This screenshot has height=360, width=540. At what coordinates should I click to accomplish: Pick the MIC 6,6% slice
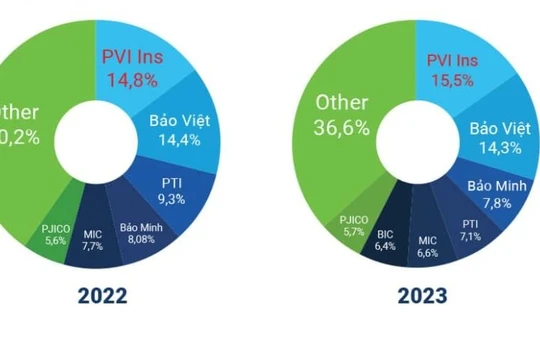(x=428, y=246)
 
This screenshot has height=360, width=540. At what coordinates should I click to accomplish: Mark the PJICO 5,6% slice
(x=55, y=233)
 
